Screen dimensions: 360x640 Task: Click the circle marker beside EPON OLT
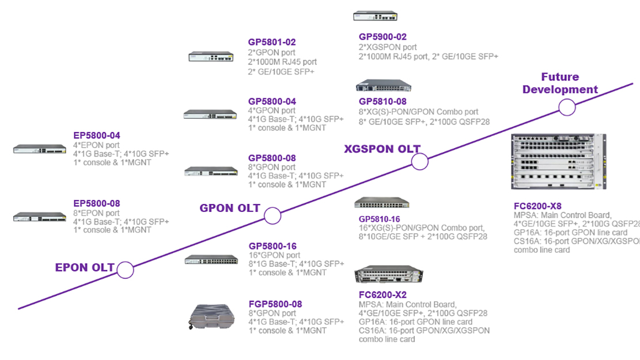point(125,270)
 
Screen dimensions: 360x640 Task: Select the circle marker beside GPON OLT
point(272,216)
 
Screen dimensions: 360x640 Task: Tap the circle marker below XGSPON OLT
point(420,162)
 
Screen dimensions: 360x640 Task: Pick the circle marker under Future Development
point(567,108)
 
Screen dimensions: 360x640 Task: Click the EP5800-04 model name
point(97,135)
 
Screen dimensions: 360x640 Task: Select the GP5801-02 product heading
point(272,42)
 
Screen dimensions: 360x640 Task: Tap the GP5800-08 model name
point(272,157)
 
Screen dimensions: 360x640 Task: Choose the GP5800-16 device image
point(211,260)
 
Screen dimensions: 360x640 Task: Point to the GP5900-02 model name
point(383,37)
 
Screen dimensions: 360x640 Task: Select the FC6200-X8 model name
point(537,206)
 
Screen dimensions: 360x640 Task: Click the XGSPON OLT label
point(382,148)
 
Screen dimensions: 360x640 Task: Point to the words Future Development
point(560,84)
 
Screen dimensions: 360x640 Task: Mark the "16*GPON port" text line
point(274,255)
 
